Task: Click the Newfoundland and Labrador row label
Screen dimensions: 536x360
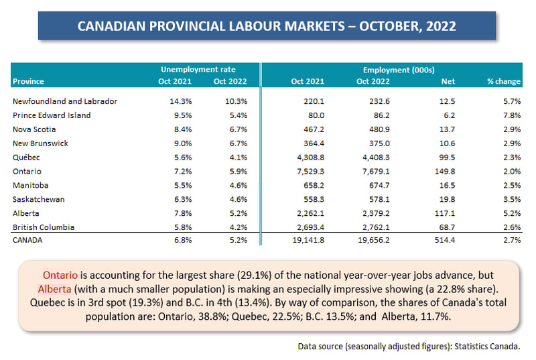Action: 65,101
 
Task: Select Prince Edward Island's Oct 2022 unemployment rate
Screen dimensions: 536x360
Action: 239,115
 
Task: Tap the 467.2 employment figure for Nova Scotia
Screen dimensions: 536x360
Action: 314,129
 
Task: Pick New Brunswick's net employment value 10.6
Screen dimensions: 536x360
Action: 447,143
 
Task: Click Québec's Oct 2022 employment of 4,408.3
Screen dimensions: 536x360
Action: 376,158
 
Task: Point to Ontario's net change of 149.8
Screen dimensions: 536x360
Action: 445,171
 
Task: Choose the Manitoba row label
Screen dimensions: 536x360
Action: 30,185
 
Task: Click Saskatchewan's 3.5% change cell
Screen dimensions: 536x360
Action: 512,199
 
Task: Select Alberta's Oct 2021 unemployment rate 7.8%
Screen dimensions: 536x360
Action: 183,213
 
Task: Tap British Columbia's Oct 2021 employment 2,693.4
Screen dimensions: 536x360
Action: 310,227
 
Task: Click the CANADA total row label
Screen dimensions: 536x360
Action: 27,240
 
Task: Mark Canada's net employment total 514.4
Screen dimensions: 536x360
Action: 445,240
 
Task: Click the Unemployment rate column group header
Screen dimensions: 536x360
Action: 198,70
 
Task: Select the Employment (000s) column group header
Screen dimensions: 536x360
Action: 399,70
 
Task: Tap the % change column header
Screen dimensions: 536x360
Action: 504,81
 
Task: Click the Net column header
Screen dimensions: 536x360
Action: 448,81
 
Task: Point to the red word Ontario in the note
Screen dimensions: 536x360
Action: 60,276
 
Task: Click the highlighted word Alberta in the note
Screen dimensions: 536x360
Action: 55,289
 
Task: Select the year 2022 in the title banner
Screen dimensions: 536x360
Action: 441,26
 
